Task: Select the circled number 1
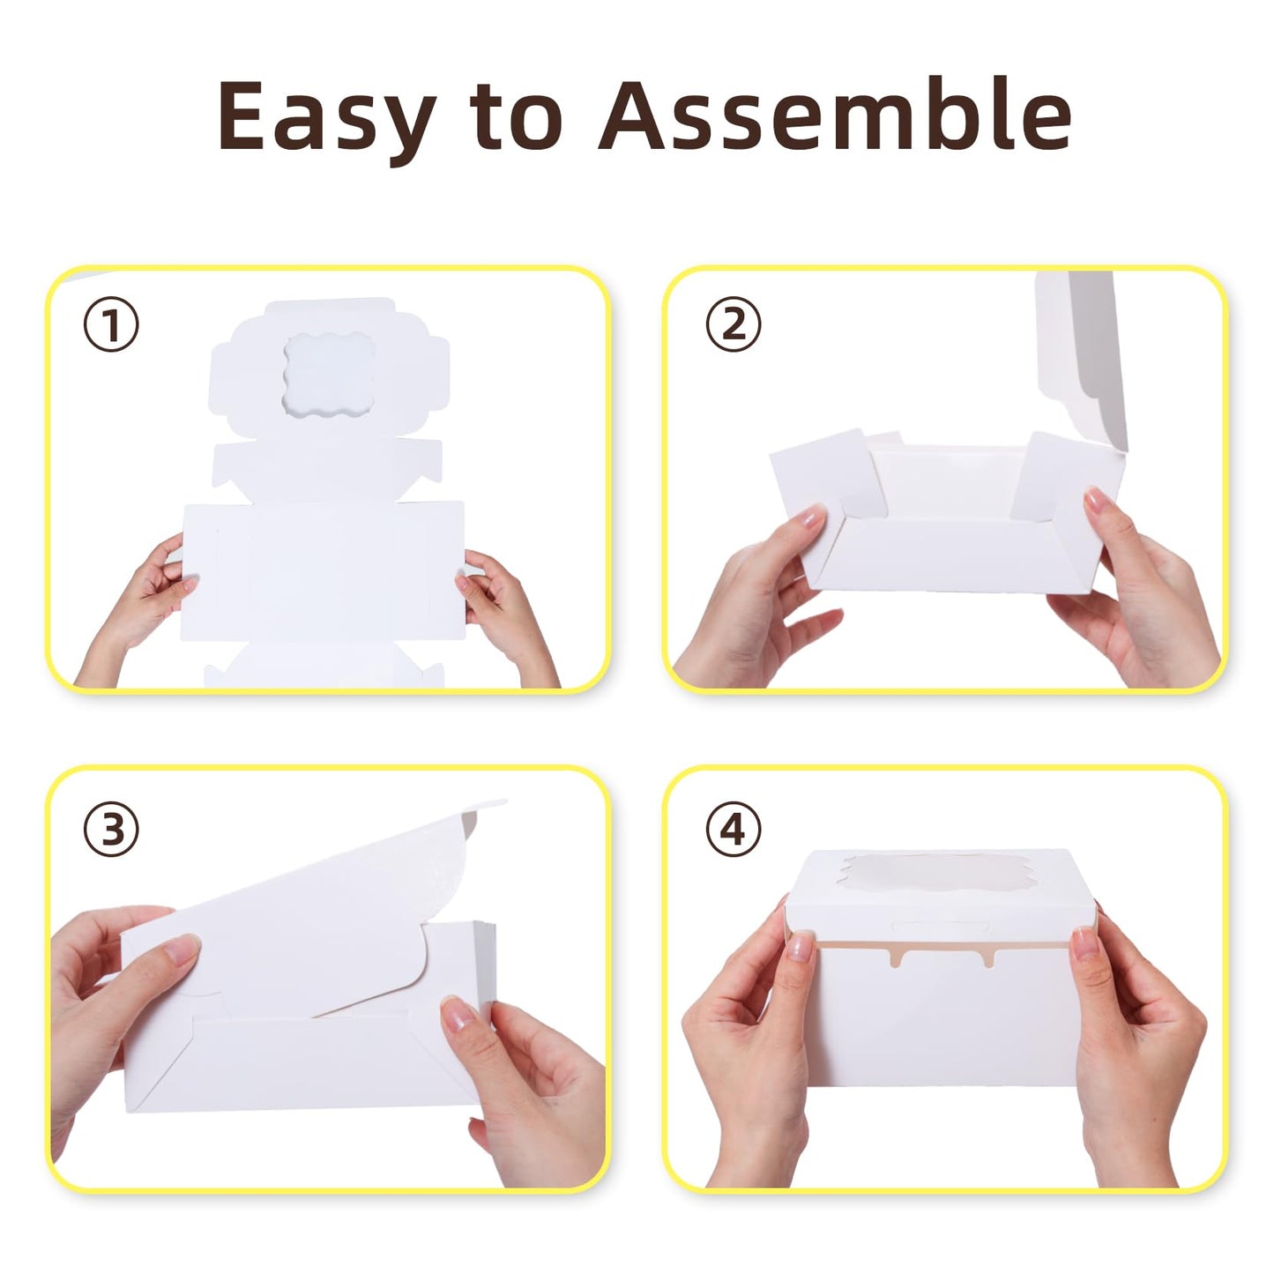coord(111,325)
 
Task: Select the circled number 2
coord(734,325)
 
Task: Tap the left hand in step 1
coord(141,608)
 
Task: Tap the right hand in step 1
coord(507,608)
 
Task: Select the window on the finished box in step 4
coord(938,877)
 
